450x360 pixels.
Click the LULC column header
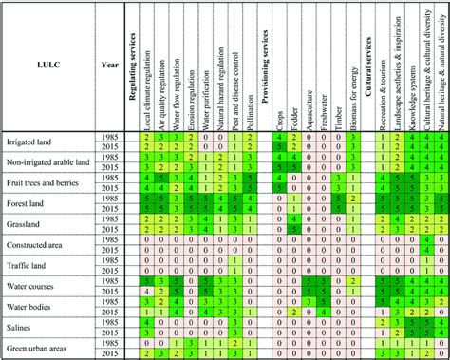click(49, 66)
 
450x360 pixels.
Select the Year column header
click(110, 66)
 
